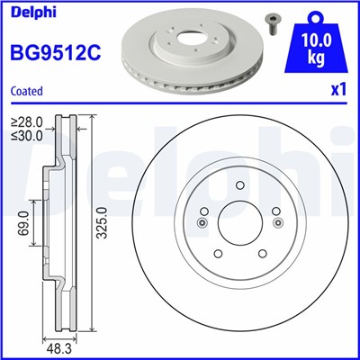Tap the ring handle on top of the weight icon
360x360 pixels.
tap(316, 13)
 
